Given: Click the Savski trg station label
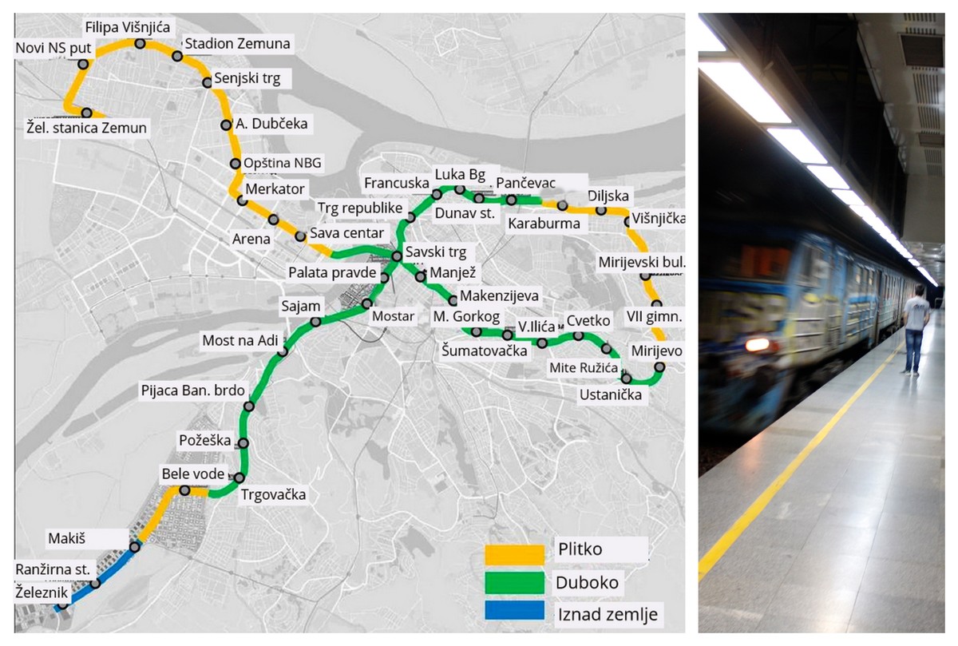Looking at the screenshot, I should point(435,253).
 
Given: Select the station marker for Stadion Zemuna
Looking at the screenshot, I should point(177,57).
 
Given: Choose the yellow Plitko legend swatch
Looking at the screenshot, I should point(514,550).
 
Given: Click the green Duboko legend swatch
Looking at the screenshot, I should point(514,582).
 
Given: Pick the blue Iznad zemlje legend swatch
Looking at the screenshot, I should point(514,613).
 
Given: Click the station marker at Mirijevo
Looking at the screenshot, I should point(659,367).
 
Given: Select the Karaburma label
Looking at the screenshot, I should point(544,224).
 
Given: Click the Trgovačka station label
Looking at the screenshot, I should point(273,495).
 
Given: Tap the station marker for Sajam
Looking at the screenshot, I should point(315,322).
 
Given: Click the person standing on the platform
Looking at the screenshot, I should point(915,329).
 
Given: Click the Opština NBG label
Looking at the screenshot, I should point(283,164).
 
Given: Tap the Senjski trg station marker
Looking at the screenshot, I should point(207,82).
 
